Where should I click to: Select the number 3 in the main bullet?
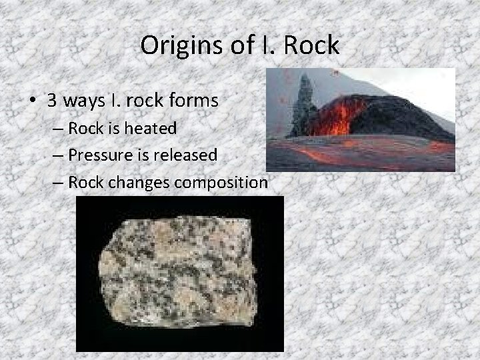coord(52,101)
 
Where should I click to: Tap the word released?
coord(187,155)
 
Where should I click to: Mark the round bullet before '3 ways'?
coord(31,102)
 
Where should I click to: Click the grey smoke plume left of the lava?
coord(304,107)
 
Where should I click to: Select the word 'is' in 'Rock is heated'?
coord(111,129)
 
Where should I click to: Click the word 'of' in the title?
coord(233,45)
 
